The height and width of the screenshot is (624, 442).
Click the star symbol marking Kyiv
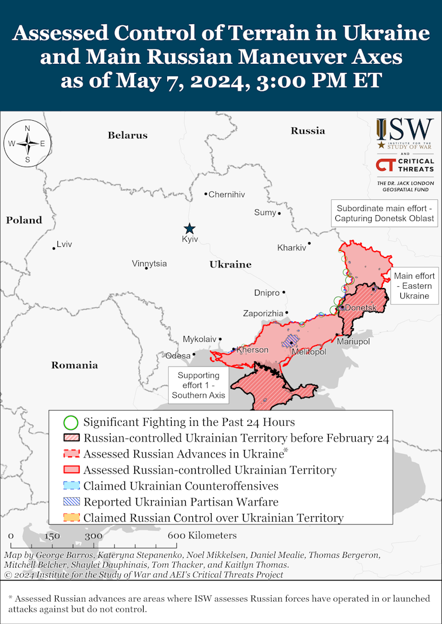point(189,229)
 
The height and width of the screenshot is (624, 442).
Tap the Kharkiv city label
point(292,247)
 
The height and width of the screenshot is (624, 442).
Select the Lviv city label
point(64,244)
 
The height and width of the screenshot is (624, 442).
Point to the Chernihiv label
point(227,194)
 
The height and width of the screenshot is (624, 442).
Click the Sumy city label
point(265,212)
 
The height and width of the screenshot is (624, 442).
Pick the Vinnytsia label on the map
point(149,263)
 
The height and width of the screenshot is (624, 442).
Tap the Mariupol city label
point(353,341)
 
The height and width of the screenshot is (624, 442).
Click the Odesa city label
point(178,355)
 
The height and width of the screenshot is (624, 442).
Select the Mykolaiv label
point(199,339)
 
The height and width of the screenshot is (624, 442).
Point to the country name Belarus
point(127,135)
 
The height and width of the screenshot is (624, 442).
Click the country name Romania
point(74,365)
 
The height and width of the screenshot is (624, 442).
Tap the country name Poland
point(24,221)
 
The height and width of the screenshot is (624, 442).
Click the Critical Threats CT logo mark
point(385,165)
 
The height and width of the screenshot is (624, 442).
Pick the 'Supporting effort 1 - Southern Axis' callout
point(198,385)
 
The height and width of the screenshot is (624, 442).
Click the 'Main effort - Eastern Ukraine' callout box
point(414,286)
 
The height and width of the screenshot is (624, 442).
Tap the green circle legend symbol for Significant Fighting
point(70,422)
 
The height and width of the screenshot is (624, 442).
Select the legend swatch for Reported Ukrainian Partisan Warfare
point(70,502)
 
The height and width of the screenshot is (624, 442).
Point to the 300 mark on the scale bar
point(94,535)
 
